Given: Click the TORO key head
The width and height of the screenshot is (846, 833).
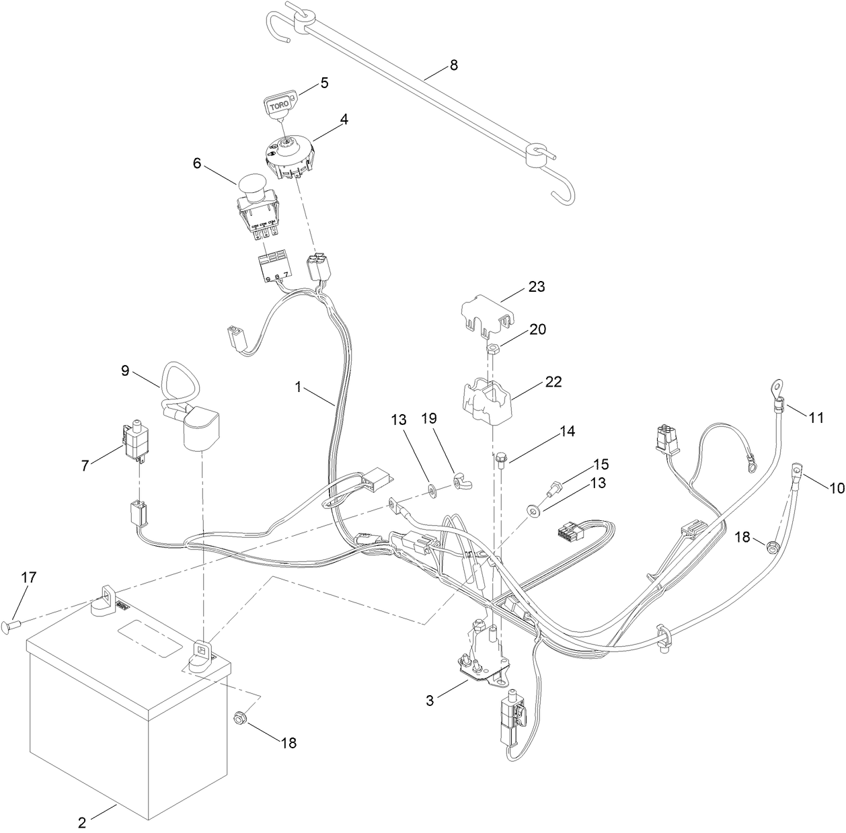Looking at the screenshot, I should click(x=278, y=106).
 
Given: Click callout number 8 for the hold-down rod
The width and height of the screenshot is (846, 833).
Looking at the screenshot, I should click(x=453, y=65).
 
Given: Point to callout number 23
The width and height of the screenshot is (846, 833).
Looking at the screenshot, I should click(x=537, y=286).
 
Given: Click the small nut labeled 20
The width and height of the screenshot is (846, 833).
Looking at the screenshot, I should click(x=492, y=348).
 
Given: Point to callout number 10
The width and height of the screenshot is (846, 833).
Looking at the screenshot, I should click(x=836, y=489).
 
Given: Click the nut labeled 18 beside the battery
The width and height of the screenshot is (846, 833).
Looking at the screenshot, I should click(x=239, y=719).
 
